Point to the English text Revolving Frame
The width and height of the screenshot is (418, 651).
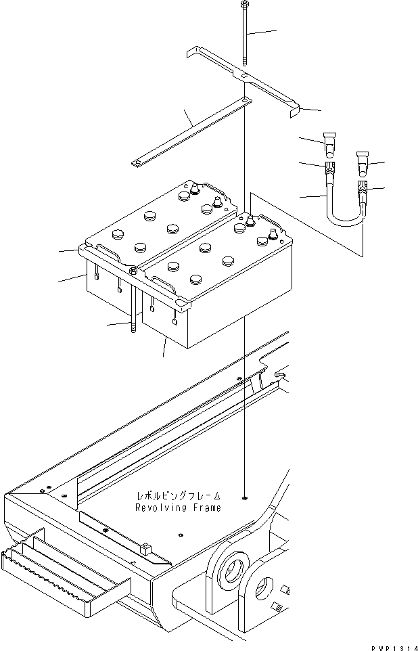(x=179, y=508)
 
